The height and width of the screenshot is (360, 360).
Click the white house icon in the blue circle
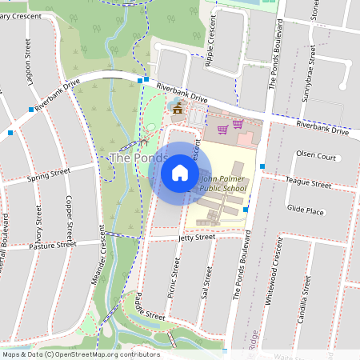click(x=180, y=172)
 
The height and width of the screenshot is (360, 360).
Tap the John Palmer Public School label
click(x=222, y=184)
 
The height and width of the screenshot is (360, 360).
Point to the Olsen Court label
click(x=315, y=157)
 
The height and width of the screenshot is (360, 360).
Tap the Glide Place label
click(x=305, y=210)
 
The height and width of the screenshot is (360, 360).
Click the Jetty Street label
click(x=196, y=238)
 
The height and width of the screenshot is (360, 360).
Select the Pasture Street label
click(x=52, y=245)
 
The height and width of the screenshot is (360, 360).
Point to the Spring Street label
click(x=49, y=175)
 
